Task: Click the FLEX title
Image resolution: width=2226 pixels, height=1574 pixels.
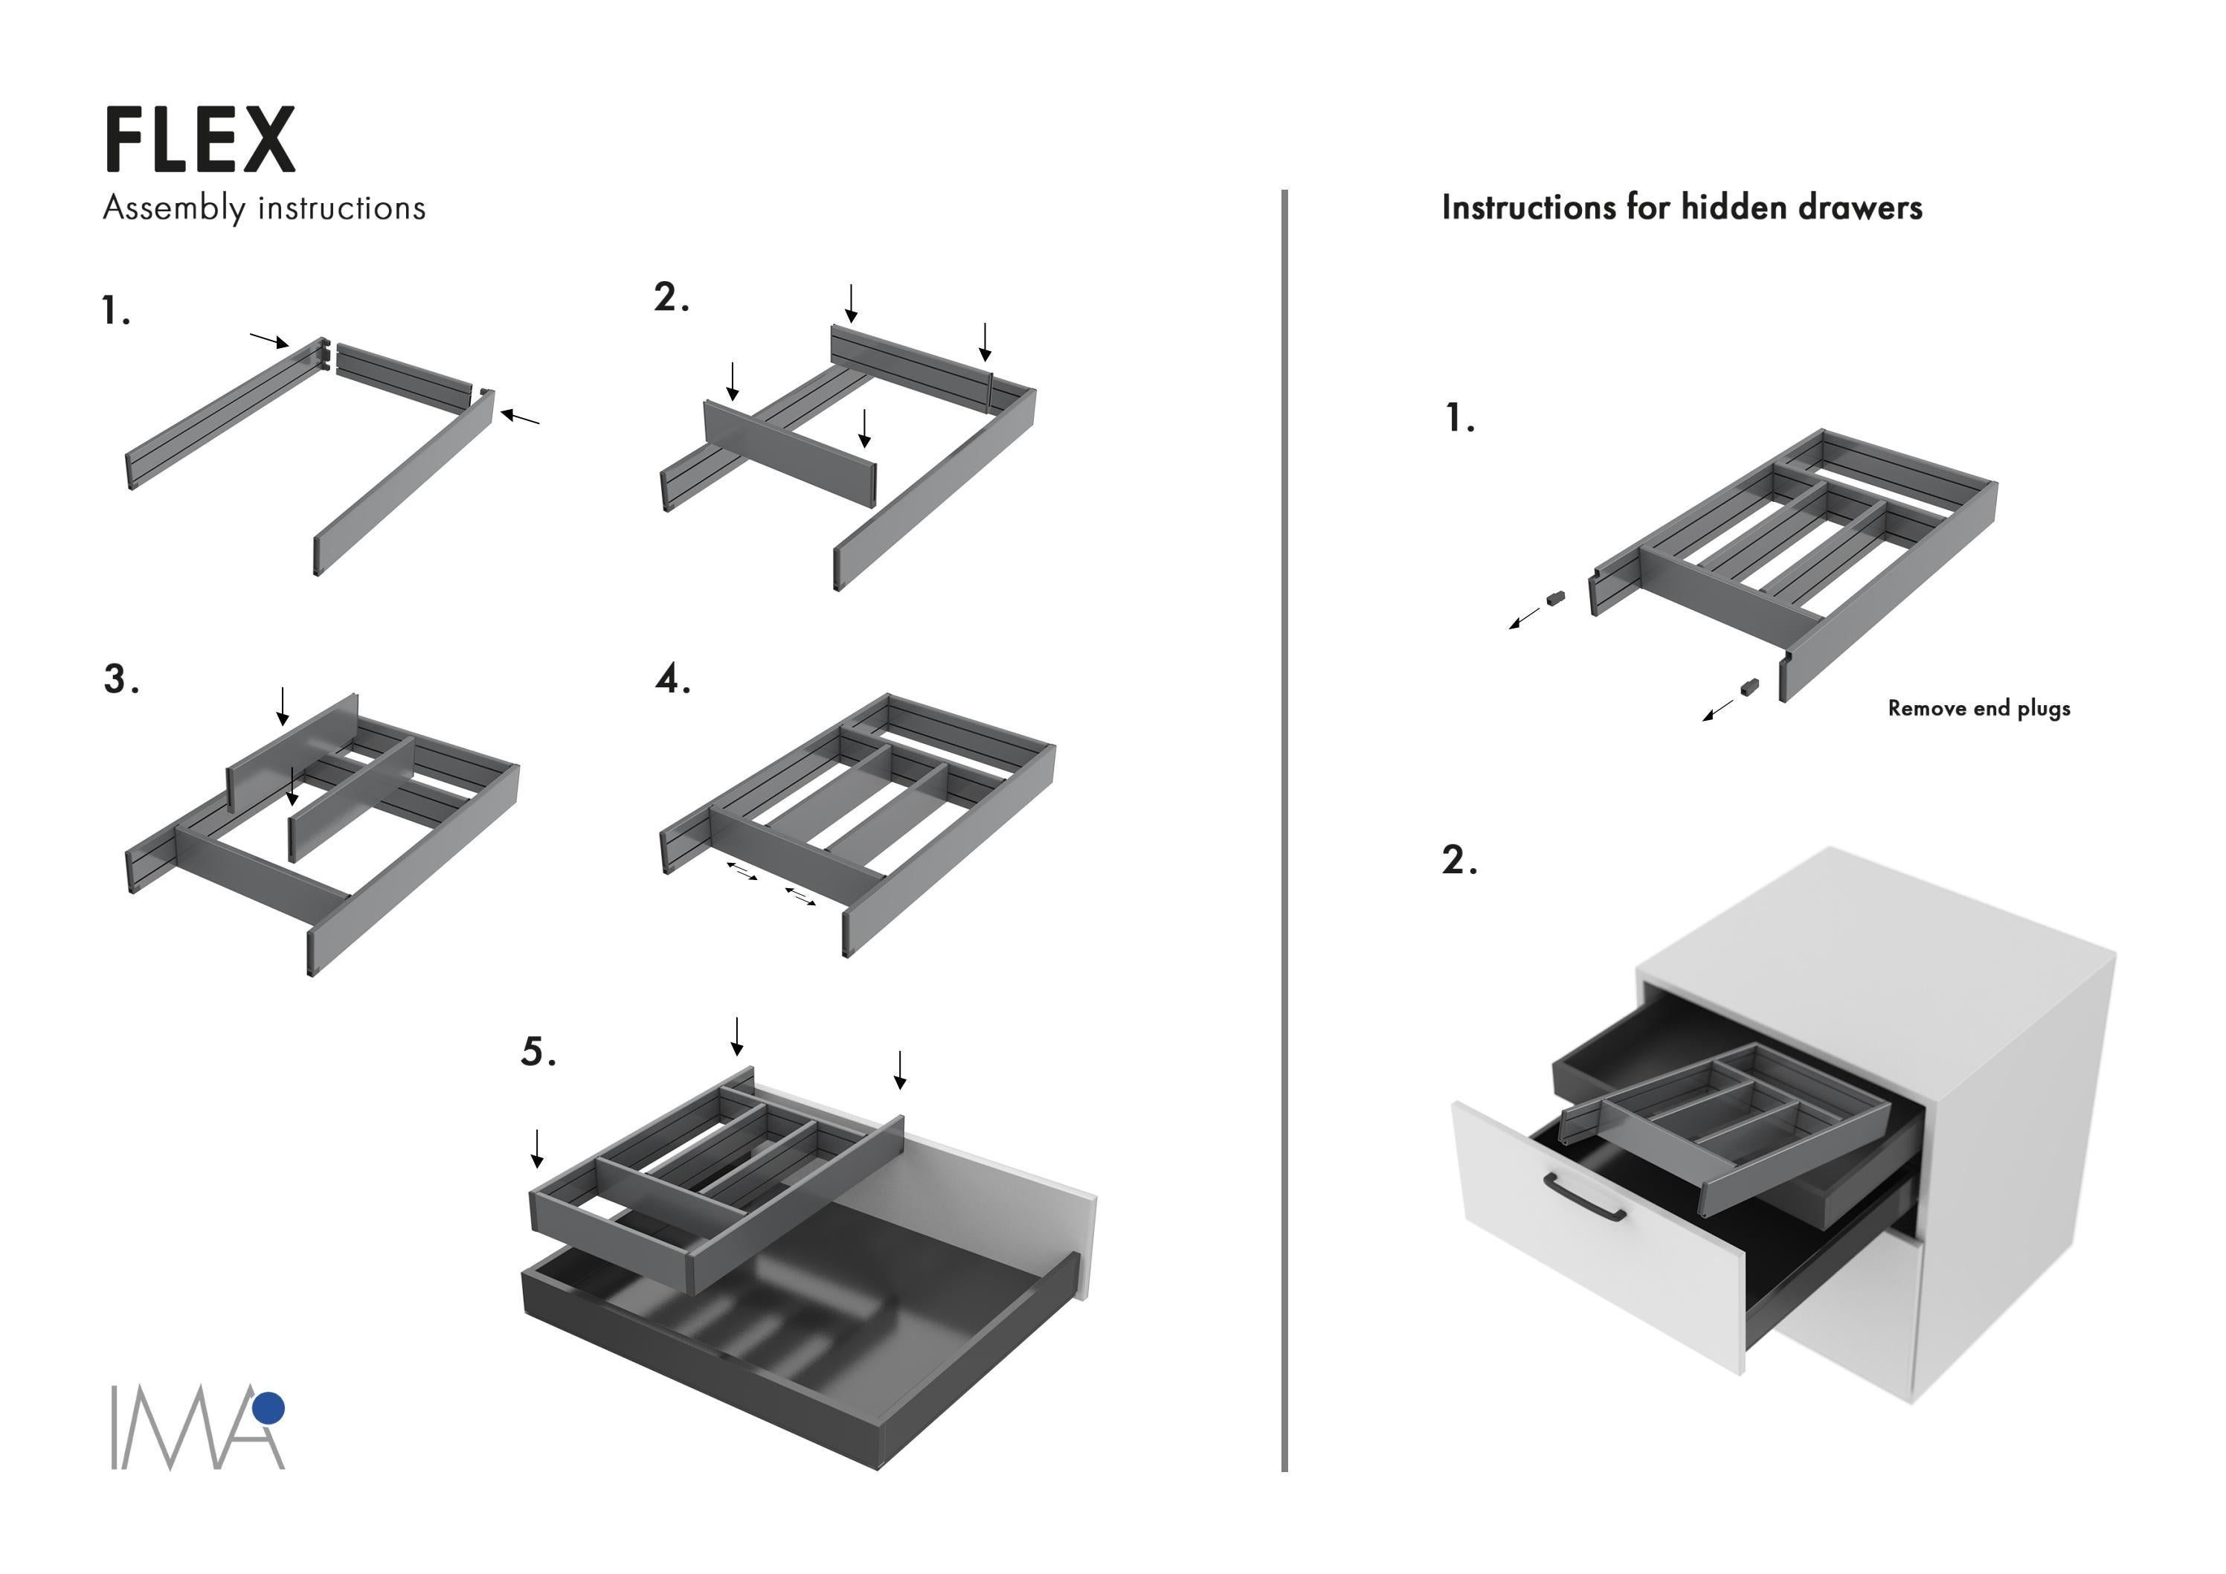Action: click(x=199, y=141)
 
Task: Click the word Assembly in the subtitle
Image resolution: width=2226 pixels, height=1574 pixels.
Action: click(x=173, y=208)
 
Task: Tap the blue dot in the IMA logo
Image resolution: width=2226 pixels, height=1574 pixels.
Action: click(x=268, y=1407)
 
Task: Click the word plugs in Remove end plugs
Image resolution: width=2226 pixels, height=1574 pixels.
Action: click(x=2044, y=709)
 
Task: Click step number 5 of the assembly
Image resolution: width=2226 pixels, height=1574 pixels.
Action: click(x=538, y=1053)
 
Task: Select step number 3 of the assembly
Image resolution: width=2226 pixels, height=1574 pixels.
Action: click(x=120, y=680)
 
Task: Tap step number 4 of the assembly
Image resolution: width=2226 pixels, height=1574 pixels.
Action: click(x=672, y=680)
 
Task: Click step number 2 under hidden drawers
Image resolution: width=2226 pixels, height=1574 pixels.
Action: click(x=1459, y=860)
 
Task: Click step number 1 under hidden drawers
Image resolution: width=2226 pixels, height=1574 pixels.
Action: click(x=1459, y=419)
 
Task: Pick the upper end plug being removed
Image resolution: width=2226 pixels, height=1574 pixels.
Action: click(x=1555, y=598)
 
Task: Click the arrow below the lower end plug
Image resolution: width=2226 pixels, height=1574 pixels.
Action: click(x=1719, y=709)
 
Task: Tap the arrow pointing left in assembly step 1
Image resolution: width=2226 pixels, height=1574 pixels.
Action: click(x=521, y=418)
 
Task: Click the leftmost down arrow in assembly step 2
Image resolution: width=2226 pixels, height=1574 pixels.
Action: click(x=733, y=381)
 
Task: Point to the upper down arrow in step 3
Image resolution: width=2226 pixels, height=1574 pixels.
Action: click(x=282, y=706)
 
